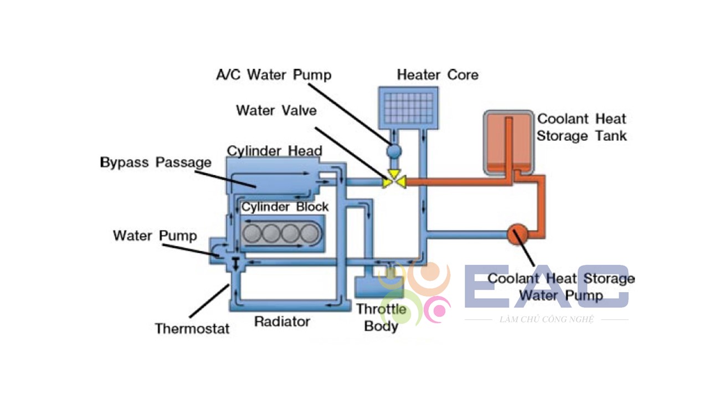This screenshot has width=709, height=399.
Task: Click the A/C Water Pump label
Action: click(x=274, y=75)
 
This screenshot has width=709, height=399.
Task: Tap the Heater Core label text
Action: click(x=438, y=75)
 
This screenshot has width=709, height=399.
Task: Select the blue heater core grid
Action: click(x=409, y=108)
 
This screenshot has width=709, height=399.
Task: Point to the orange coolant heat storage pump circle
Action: click(x=517, y=234)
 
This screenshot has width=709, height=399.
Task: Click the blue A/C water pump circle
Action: click(x=394, y=151)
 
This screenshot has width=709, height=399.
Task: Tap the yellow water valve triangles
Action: click(x=394, y=180)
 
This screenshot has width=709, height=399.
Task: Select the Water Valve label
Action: click(x=276, y=110)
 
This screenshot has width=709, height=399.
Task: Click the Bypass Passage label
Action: click(x=156, y=162)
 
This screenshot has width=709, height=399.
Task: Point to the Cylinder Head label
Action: click(x=274, y=151)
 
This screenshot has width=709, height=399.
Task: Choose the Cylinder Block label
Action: click(x=285, y=207)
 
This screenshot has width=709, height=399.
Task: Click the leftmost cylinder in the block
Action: click(x=252, y=234)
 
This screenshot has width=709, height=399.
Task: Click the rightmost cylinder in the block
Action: click(x=310, y=234)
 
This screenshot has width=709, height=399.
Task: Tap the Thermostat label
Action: click(x=192, y=329)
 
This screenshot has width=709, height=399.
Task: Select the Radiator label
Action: click(x=282, y=322)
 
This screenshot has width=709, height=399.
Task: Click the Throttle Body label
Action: click(x=382, y=318)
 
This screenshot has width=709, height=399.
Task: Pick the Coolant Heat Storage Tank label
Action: click(x=582, y=127)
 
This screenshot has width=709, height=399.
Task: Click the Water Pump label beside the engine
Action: click(x=155, y=236)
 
